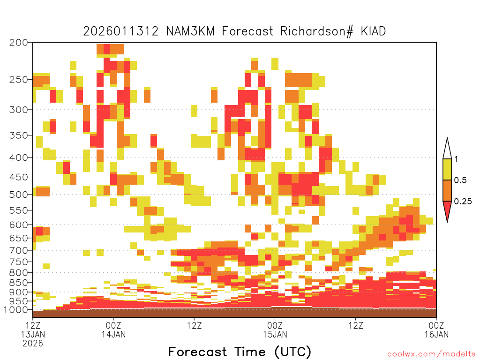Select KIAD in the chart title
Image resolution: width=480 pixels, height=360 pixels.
(373, 31)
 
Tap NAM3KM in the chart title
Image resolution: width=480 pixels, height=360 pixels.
(190, 31)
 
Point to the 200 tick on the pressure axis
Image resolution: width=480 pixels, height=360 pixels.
(19, 43)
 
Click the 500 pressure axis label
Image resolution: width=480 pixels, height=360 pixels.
(19, 195)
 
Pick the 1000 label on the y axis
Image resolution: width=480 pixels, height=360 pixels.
(16, 310)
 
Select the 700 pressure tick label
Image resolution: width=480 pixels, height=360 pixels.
(19, 250)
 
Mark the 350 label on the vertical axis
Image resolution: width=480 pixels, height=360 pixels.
(19, 135)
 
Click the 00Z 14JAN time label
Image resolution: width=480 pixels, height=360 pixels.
(113, 330)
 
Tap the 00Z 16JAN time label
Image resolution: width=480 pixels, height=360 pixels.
(436, 330)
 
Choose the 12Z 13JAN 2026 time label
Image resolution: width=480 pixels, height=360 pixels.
(33, 334)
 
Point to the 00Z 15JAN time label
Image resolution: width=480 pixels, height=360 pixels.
(275, 330)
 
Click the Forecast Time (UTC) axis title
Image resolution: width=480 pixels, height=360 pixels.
(240, 352)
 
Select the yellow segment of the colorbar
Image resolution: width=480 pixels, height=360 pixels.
(447, 169)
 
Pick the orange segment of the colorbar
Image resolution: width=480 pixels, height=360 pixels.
(447, 190)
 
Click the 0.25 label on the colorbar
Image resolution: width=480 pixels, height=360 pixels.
(463, 202)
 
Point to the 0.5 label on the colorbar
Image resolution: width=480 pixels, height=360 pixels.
(460, 180)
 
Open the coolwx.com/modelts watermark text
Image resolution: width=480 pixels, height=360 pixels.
(431, 354)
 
